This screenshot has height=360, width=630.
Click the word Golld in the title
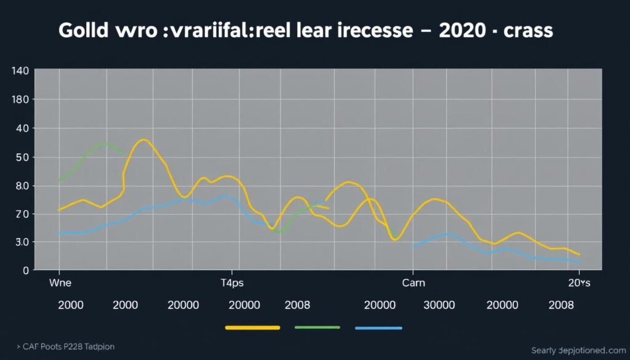[x=84, y=32]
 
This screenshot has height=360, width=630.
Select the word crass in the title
[x=528, y=32]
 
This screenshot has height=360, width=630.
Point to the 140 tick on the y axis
[x=20, y=71]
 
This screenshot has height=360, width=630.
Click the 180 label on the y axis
[x=20, y=100]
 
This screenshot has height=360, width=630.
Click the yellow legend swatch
[x=252, y=328]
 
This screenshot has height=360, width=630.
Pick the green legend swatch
[x=317, y=328]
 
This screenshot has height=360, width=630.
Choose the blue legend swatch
[x=378, y=328]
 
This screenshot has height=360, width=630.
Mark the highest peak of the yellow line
[x=143, y=140]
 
